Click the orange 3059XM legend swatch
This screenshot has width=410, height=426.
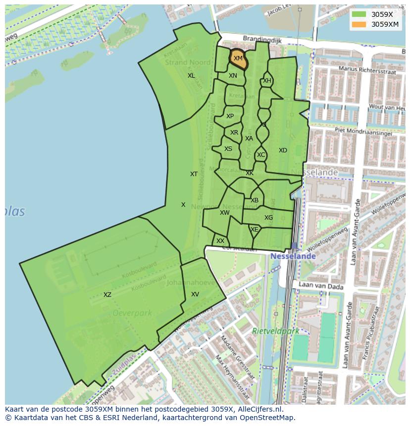(x=359, y=24)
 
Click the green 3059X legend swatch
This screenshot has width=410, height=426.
(x=359, y=14)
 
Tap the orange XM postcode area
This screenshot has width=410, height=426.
(x=238, y=59)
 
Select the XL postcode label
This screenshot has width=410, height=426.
(x=191, y=76)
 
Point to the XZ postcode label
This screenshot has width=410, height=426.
(x=107, y=295)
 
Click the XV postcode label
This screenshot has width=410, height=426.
(x=195, y=294)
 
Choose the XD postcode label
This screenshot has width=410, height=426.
(x=283, y=150)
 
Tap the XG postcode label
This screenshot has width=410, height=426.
(x=268, y=218)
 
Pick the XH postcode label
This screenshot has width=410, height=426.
(x=267, y=81)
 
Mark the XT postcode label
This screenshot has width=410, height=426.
(x=194, y=174)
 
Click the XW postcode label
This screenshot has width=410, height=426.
(x=225, y=213)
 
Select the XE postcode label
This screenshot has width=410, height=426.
(x=255, y=230)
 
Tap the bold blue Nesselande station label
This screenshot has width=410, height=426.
(x=293, y=256)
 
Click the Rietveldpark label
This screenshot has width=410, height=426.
(x=276, y=331)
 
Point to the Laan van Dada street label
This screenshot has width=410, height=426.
(x=316, y=286)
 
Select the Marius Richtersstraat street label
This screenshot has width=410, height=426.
(x=366, y=69)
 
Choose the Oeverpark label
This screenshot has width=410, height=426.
(x=132, y=313)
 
